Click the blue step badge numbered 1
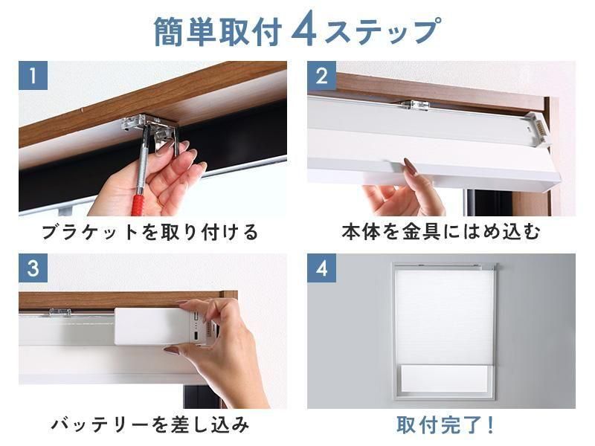point(33,76)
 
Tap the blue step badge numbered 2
point(322,76)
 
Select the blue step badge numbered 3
point(33,268)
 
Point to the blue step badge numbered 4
point(322,268)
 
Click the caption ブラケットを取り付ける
point(150,232)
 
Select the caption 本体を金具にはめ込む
point(440,232)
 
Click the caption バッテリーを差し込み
point(150,424)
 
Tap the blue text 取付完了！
point(445,424)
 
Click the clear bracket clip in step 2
point(414,106)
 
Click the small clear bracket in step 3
point(60,313)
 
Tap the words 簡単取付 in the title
point(218,32)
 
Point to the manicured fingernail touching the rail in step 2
point(411,166)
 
